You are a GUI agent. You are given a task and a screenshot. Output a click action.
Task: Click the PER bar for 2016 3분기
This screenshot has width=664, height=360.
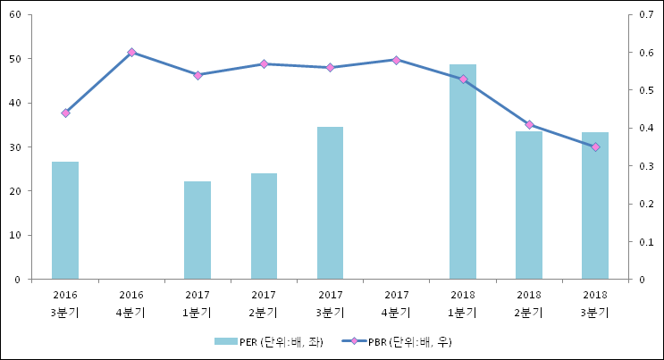[x=65, y=221]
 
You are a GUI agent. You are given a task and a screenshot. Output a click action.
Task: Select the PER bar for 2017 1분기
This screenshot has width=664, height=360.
[x=198, y=230]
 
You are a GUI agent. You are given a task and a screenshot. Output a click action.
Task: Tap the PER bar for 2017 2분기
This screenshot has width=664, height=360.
[x=264, y=226]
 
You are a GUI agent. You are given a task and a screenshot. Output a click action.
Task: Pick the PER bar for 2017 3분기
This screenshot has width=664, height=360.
[x=330, y=203]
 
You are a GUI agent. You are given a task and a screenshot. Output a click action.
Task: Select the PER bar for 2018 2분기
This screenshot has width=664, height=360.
[x=529, y=205]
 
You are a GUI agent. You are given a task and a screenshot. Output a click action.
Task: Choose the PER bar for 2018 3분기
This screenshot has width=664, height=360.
[x=595, y=205]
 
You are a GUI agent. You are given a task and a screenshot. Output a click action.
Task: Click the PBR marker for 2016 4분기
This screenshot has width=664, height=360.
[x=131, y=53]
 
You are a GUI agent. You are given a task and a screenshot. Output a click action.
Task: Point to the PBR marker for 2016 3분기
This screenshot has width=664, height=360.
[x=65, y=113]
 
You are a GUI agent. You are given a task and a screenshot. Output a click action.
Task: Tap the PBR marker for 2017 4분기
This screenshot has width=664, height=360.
[x=397, y=60]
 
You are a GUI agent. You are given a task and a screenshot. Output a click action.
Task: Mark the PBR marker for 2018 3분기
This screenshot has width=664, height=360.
[x=595, y=147]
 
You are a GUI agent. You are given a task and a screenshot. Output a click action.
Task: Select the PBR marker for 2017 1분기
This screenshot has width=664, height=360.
[x=198, y=75]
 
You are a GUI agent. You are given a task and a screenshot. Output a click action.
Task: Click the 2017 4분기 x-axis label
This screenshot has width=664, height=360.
[x=397, y=303]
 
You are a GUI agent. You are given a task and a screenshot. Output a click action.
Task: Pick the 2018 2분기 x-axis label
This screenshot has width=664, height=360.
[x=529, y=303]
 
